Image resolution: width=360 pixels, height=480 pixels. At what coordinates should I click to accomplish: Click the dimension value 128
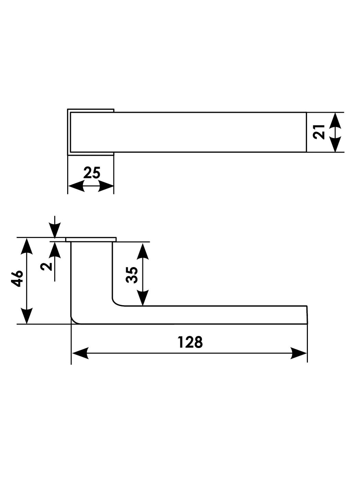[190, 342]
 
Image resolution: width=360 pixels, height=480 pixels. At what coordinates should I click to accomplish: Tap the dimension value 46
[17, 278]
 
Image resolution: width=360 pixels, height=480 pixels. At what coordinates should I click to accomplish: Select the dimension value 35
[132, 274]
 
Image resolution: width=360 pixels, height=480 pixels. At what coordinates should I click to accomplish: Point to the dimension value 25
[92, 173]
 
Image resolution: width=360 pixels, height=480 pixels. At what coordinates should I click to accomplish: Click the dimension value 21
[319, 131]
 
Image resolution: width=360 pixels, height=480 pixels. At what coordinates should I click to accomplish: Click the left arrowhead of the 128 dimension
[80, 353]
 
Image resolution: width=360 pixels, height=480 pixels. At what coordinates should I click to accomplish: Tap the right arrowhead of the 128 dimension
[298, 353]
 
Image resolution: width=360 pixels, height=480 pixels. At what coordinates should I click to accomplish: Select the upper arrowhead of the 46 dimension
[27, 247]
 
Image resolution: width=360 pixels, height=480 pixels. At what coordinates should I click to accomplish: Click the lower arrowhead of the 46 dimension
[27, 315]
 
